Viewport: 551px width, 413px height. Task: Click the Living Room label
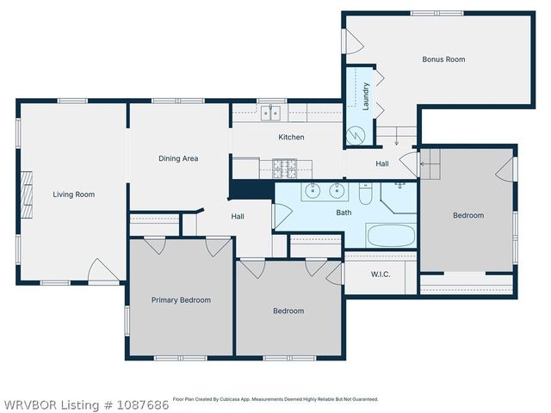(73, 194)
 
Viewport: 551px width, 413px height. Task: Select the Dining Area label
(178, 158)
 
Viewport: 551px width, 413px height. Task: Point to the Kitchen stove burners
(283, 163)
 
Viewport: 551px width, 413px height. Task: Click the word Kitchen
(291, 137)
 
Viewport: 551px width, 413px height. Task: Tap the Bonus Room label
(443, 59)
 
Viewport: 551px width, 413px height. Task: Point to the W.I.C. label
(382, 275)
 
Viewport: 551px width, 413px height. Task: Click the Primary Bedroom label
(181, 300)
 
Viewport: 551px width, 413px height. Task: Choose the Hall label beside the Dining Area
(238, 217)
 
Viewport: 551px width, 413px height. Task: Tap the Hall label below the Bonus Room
(382, 163)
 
